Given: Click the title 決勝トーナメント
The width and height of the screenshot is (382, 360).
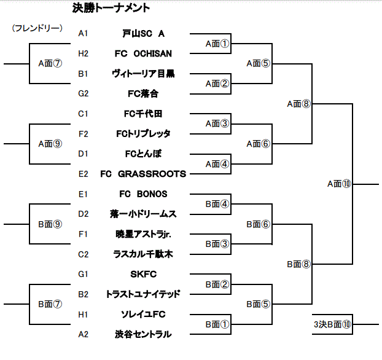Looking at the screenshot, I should click(x=111, y=9).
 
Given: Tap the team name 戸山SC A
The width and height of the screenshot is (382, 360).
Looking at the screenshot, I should click(x=144, y=33).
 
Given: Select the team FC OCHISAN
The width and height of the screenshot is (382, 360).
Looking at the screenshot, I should click(x=144, y=53).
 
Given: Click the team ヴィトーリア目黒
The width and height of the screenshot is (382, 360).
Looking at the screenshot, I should click(x=144, y=74).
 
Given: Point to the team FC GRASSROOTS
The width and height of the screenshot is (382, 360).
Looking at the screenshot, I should click(x=143, y=174).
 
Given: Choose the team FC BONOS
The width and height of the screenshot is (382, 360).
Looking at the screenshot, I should click(x=143, y=194).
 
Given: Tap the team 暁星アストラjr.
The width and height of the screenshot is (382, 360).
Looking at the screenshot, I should click(x=143, y=234).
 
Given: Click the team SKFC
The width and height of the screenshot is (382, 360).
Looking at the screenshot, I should click(x=143, y=274).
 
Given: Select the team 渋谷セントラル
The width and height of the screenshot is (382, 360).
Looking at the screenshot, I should click(x=143, y=334).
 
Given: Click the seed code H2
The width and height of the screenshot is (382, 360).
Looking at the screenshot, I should click(x=84, y=53).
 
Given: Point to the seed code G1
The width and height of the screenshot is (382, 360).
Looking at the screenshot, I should click(x=84, y=274).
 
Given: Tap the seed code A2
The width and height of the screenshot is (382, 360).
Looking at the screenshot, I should click(x=84, y=334).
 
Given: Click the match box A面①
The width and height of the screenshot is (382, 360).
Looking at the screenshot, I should click(x=217, y=43).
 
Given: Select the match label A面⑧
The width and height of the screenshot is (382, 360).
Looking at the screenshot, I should click(x=299, y=104).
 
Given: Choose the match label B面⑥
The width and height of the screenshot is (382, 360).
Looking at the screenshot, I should click(x=258, y=224).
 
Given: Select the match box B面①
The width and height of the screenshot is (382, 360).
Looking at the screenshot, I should click(x=217, y=324).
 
